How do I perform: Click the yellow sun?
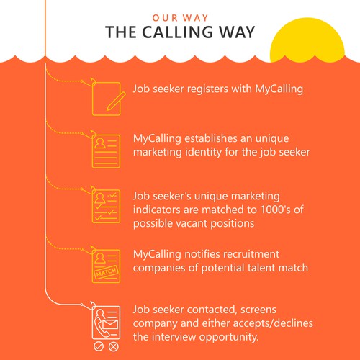click(307, 40)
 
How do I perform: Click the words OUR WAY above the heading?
click(180, 18)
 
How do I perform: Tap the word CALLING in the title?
click(178, 32)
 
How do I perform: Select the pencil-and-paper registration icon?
click(109, 99)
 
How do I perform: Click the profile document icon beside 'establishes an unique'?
click(106, 151)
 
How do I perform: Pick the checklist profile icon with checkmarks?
click(106, 206)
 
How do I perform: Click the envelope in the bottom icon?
click(110, 324)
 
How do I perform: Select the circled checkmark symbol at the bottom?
click(99, 346)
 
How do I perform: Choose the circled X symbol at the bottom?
click(113, 346)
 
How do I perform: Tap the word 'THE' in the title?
click(121, 32)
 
